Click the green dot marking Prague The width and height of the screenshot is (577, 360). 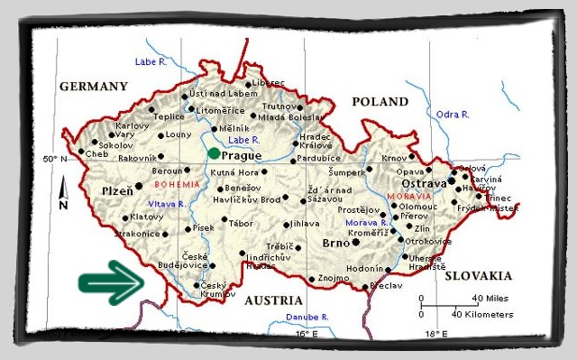(213, 153)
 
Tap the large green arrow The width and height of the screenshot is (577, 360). (111, 282)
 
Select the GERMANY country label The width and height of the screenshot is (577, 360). (94, 87)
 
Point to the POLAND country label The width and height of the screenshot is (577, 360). (380, 102)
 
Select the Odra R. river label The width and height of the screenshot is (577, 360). (453, 115)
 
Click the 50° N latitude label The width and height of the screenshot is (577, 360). (55, 159)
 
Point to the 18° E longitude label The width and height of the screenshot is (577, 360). (435, 334)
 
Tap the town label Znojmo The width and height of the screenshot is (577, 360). (334, 279)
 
